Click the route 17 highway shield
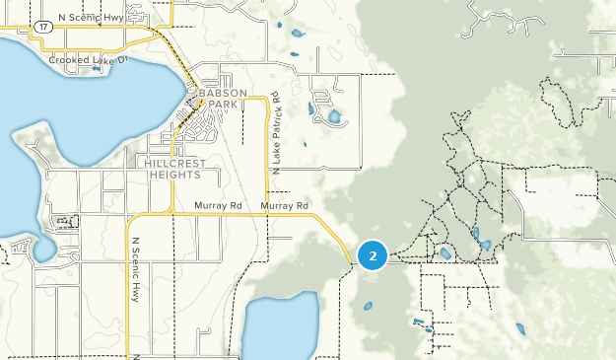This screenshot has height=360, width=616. pyautogui.click(x=43, y=29)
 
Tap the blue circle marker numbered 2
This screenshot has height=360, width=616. pyautogui.click(x=373, y=255)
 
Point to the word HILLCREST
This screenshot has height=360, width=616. pyautogui.click(x=172, y=163)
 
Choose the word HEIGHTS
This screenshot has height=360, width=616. pyautogui.click(x=174, y=175)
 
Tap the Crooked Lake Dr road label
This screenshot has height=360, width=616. pyautogui.click(x=89, y=60)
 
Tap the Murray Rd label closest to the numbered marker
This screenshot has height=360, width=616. pyautogui.click(x=285, y=205)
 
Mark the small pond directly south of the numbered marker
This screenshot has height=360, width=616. pyautogui.click(x=368, y=306)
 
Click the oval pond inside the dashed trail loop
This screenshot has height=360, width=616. pyautogui.click(x=445, y=253)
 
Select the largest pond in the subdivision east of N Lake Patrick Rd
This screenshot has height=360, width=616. pyautogui.click(x=334, y=116)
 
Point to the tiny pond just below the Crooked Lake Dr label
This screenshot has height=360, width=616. pyautogui.click(x=96, y=69)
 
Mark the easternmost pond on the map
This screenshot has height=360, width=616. pyautogui.click(x=519, y=328)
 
